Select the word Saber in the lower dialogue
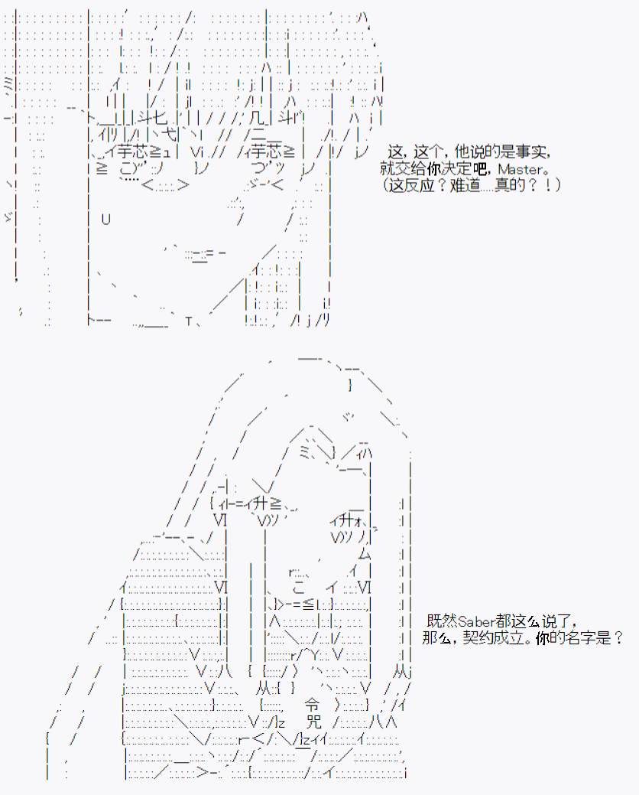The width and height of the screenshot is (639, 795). pyautogui.click(x=475, y=621)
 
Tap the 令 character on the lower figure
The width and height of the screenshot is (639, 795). pyautogui.click(x=312, y=704)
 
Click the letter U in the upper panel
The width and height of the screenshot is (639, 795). pyautogui.click(x=105, y=219)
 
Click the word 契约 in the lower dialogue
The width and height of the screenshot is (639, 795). pyautogui.click(x=478, y=637)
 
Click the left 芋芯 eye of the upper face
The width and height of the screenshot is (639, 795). pyautogui.click(x=132, y=152)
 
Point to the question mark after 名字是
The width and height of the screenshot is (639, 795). pyautogui.click(x=618, y=637)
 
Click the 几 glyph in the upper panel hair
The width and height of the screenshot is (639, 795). pyautogui.click(x=258, y=119)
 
